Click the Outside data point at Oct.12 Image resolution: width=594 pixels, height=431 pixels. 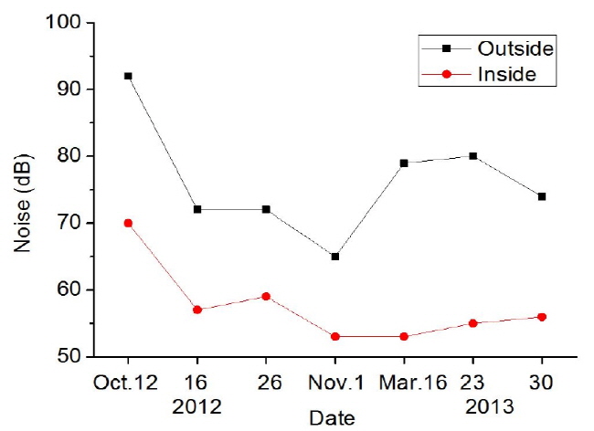[x=128, y=76]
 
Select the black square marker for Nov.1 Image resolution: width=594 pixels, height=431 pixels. [x=335, y=257]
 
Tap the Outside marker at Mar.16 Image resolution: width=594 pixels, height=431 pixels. [x=404, y=163]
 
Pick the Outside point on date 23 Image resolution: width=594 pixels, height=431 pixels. [x=473, y=156]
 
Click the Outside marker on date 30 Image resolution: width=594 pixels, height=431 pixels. [x=542, y=196]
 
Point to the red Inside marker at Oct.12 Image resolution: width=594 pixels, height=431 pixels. [x=128, y=223]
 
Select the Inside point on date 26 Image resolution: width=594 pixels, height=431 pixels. [x=266, y=296]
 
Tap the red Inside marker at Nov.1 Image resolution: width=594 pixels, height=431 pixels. [x=335, y=336]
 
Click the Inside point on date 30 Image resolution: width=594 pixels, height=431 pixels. [x=542, y=316]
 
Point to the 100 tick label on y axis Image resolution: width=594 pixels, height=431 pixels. [x=67, y=23]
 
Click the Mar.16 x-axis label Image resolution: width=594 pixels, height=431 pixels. [x=404, y=378]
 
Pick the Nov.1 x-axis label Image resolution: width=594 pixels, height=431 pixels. [x=335, y=378]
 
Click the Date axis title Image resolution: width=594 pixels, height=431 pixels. [x=334, y=417]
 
